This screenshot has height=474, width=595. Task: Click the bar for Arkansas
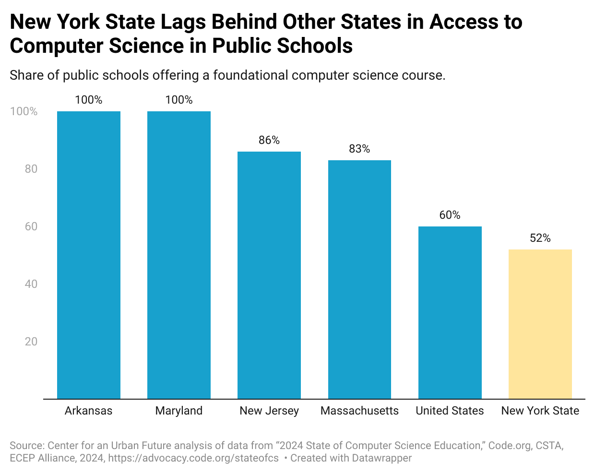coord(89,255)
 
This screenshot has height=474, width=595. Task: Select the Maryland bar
coord(179,255)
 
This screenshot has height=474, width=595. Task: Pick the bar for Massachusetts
coord(359,279)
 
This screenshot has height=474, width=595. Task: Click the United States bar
coord(450,312)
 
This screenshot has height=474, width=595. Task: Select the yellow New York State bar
coord(540,324)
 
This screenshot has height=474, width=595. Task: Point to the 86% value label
coord(269,140)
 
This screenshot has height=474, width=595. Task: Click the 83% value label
coord(359,149)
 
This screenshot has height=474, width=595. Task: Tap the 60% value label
coord(450,215)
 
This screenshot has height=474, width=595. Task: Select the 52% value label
coord(540,238)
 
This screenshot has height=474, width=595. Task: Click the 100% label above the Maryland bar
coord(179,100)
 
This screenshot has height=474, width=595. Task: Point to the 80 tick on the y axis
coord(31,169)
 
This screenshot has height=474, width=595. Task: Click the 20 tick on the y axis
coord(31,342)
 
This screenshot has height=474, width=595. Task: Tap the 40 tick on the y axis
coord(31,284)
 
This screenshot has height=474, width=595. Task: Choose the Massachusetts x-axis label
coord(359,411)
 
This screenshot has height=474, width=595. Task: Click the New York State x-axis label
coord(540,411)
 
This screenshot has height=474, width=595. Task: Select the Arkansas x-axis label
coord(89,411)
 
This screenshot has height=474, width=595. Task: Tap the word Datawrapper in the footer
coord(381,458)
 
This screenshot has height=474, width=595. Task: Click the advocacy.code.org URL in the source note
coord(193,458)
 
